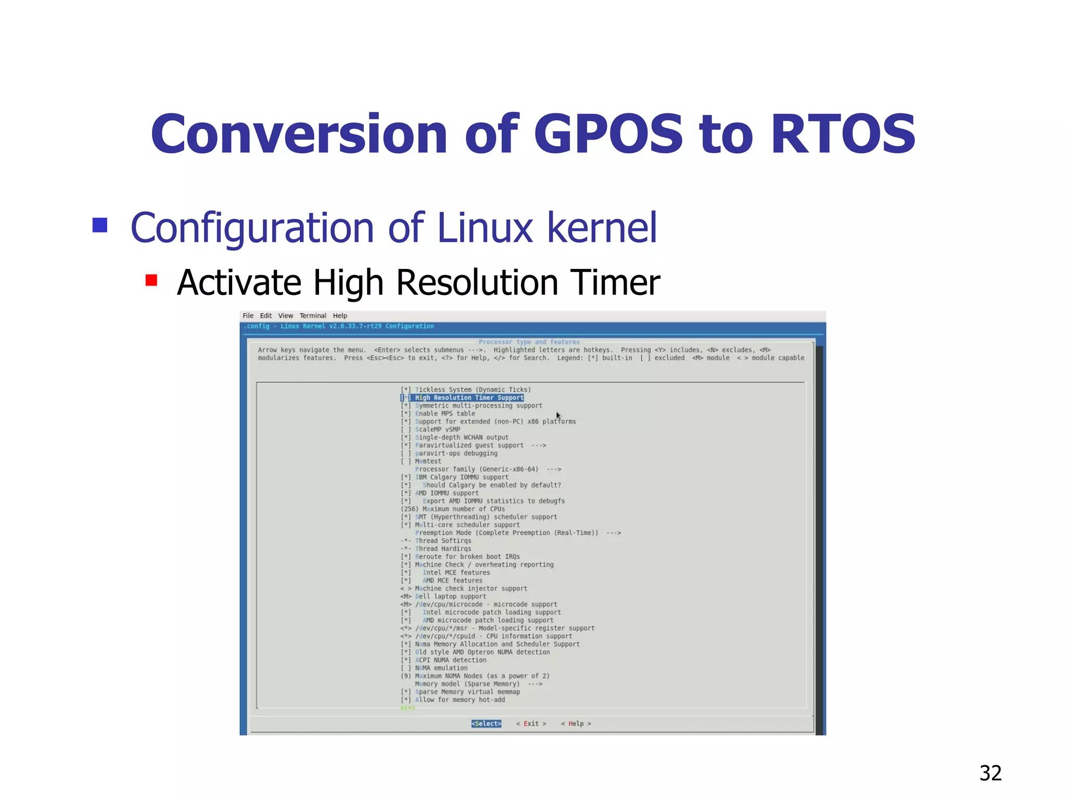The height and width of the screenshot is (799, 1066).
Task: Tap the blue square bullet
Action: click(x=100, y=225)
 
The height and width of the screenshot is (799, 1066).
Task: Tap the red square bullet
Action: click(x=151, y=281)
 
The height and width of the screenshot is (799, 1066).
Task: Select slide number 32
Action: click(x=990, y=773)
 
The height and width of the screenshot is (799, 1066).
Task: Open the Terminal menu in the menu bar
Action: click(x=312, y=316)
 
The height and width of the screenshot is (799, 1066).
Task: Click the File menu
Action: click(x=248, y=316)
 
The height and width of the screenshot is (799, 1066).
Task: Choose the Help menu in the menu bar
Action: click(x=340, y=316)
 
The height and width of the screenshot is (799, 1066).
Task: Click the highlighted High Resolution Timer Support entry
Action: click(x=469, y=398)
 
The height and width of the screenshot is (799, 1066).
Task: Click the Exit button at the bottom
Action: click(x=531, y=724)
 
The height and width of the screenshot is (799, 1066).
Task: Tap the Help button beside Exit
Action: click(x=576, y=724)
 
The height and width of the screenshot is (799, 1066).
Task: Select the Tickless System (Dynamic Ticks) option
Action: click(x=473, y=390)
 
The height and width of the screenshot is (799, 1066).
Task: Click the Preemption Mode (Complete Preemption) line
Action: click(x=506, y=533)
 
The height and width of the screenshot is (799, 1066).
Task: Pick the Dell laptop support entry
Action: click(x=450, y=597)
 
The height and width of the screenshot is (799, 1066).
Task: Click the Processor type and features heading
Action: click(x=529, y=342)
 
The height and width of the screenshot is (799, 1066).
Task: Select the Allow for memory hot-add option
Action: click(x=460, y=700)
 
